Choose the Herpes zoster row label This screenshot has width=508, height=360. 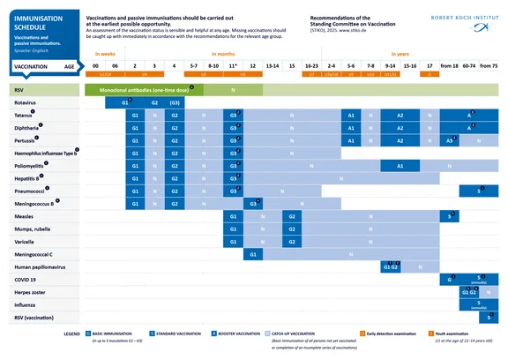tap(26, 291)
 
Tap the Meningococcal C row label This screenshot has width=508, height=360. tap(32, 254)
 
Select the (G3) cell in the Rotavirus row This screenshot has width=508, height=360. tap(175, 103)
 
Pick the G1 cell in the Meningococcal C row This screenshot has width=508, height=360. tap(252, 254)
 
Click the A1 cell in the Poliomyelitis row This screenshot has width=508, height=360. tap(400, 166)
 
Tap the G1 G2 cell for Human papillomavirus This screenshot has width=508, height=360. tap(391, 266)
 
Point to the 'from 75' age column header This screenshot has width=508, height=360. tap(489, 66)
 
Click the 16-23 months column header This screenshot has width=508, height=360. tap(310, 66)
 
